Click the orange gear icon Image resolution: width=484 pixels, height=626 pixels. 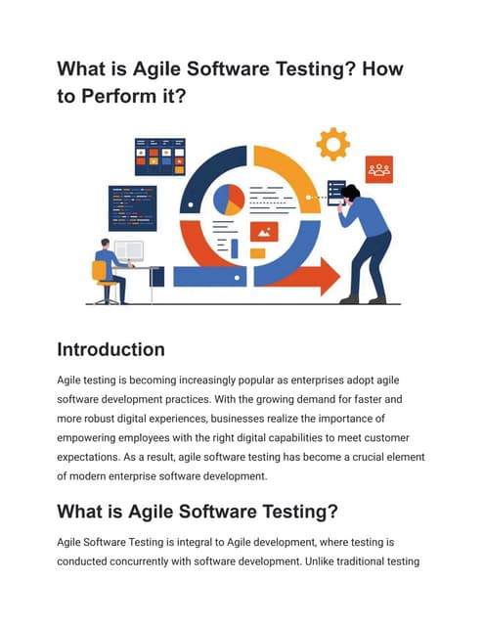pyautogui.click(x=332, y=144)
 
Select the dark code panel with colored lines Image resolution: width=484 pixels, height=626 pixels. pyautogui.click(x=132, y=207)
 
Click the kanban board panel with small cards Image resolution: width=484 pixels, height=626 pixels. pyautogui.click(x=159, y=156)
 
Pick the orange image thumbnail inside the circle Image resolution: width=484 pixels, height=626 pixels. pyautogui.click(x=264, y=231)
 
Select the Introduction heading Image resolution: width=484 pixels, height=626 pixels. pyautogui.click(x=110, y=349)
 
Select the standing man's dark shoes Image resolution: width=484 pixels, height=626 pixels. pyautogui.click(x=363, y=298)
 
